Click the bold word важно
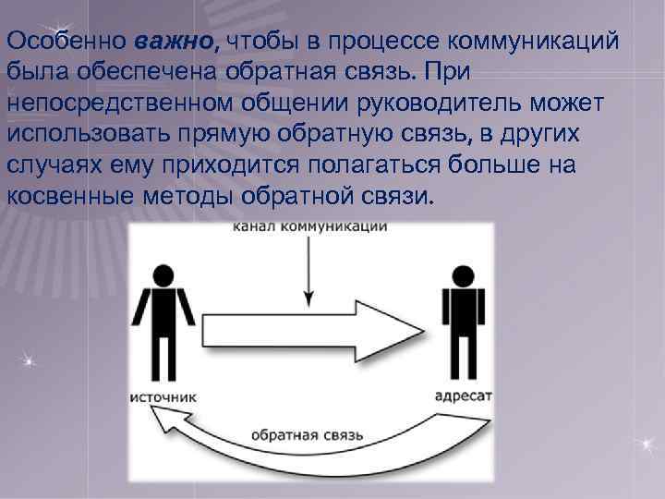(x=177, y=42)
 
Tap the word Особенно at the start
(x=66, y=42)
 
